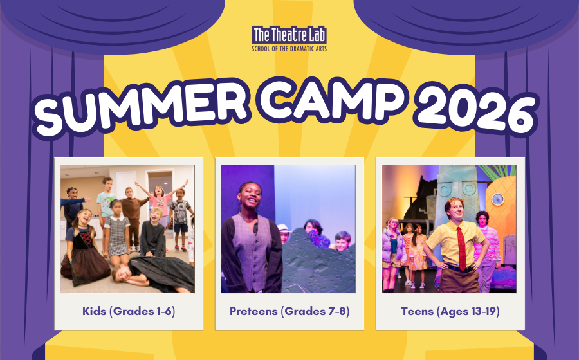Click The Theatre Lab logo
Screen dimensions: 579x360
(x=289, y=39)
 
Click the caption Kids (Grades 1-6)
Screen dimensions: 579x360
(x=129, y=311)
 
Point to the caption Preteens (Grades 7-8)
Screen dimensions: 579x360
(x=289, y=311)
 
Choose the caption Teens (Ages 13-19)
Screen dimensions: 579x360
(x=450, y=311)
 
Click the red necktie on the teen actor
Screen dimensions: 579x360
(x=461, y=248)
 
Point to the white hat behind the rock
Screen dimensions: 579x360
(x=284, y=228)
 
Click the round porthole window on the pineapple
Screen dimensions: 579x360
(x=497, y=199)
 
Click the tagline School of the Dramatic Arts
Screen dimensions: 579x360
(x=289, y=49)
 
